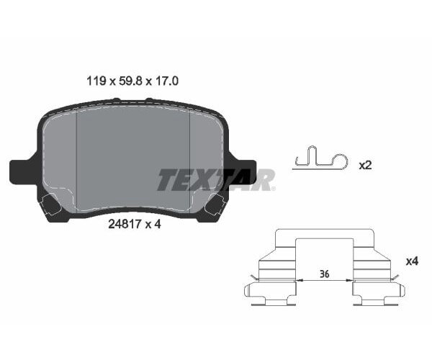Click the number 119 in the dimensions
95,81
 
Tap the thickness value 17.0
167,81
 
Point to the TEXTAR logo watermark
215,179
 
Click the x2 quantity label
365,165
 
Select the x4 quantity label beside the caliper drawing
411,261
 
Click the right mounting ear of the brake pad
243,171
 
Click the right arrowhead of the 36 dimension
349,279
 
